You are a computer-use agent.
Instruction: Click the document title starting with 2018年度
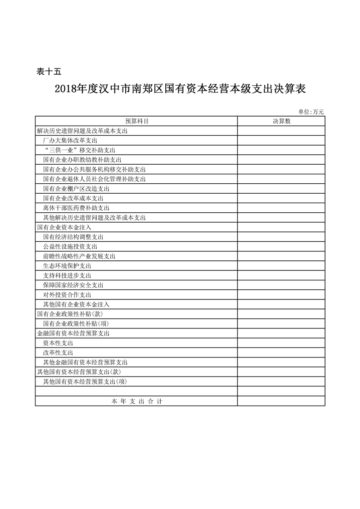click(180, 88)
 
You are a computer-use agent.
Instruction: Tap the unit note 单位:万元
click(311, 112)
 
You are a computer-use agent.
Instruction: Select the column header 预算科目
click(137, 121)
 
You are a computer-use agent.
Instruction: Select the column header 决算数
click(281, 121)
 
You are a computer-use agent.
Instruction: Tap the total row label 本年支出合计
click(137, 401)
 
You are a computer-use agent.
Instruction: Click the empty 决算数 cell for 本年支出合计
click(281, 401)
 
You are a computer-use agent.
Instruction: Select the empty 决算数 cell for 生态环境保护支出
click(281, 266)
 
